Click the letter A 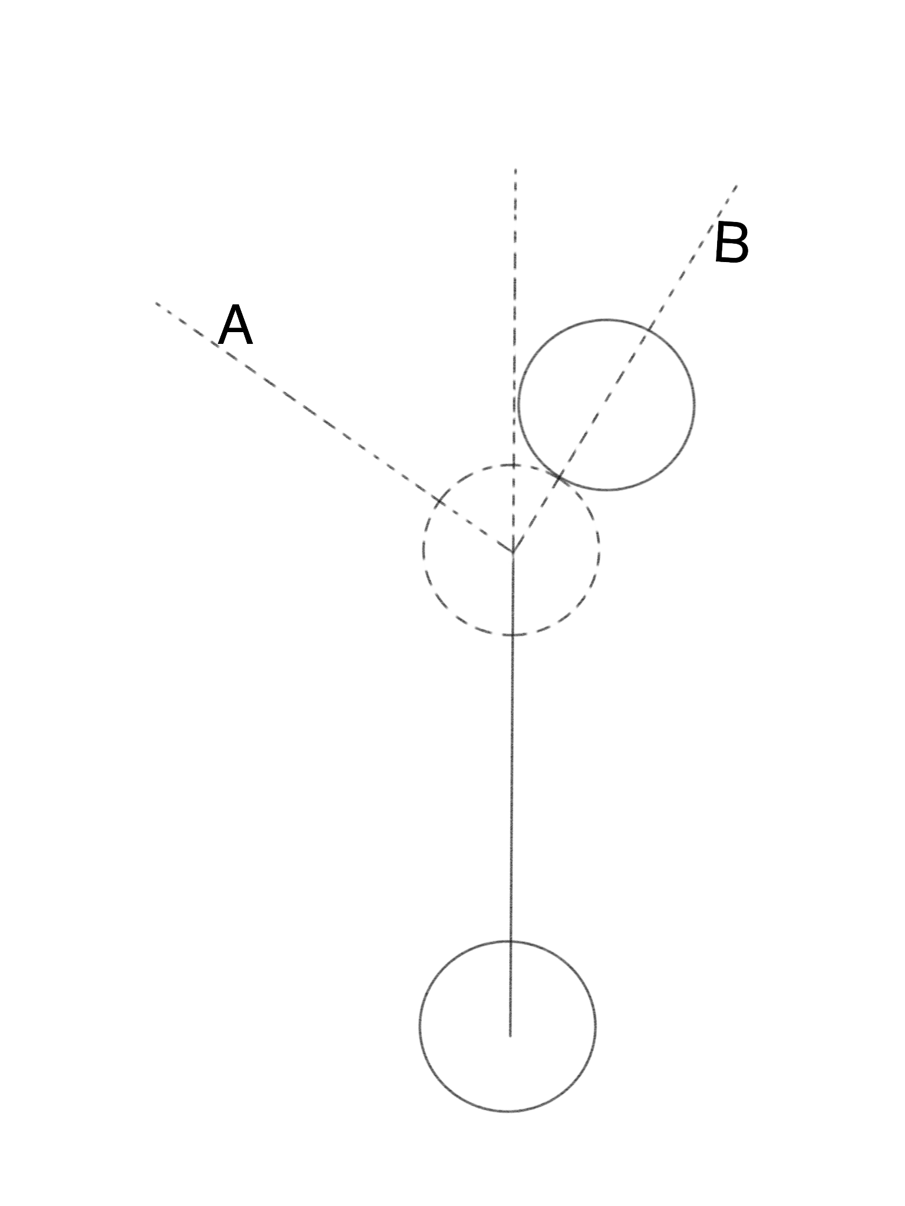pos(236,326)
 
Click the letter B pos(731,243)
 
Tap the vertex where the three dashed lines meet pos(513,552)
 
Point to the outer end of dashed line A pos(156,303)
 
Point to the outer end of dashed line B pos(736,186)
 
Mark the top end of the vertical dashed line pos(516,170)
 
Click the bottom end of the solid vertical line pos(510,1036)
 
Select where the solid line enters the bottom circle pos(511,941)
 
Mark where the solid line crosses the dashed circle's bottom pos(512,635)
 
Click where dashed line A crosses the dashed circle pos(440,502)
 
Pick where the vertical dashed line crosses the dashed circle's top pos(514,465)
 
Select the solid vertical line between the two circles pos(511,789)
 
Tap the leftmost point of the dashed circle pos(423,551)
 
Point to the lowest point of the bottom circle pos(508,1111)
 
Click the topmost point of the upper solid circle pos(607,320)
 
